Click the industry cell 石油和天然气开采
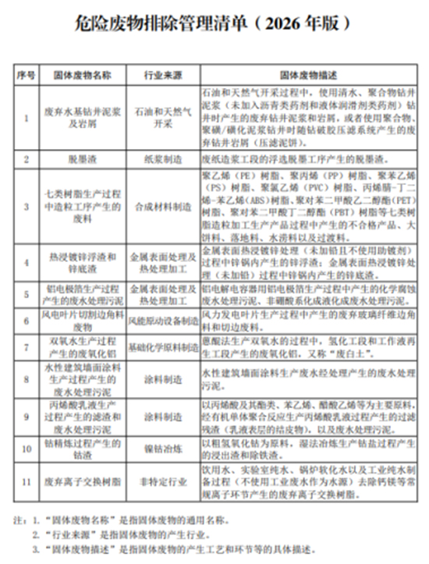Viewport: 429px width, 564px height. tap(161, 118)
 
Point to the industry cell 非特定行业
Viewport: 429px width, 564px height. tap(161, 482)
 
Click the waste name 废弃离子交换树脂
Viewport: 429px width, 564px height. tap(81, 482)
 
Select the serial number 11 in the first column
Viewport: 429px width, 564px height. tap(27, 482)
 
